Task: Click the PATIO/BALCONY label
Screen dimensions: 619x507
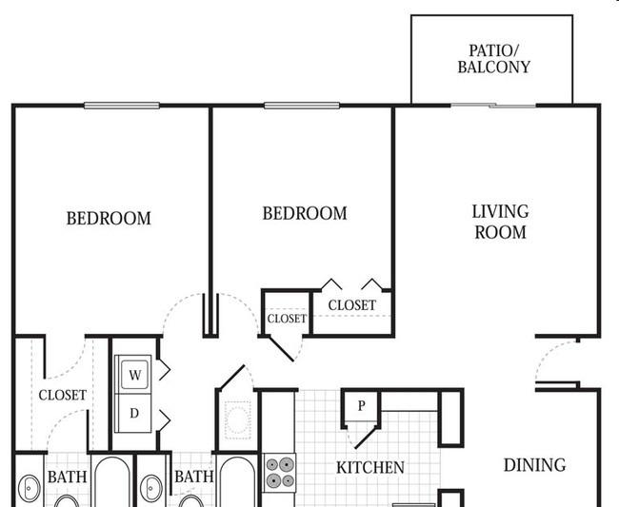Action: [x=494, y=59]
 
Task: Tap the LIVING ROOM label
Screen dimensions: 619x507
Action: [x=501, y=222]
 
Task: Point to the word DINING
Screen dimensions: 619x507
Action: [x=535, y=465]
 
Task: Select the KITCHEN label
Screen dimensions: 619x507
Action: [x=370, y=468]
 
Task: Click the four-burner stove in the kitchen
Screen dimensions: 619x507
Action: [x=280, y=473]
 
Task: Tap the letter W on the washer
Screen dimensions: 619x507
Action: [x=135, y=375]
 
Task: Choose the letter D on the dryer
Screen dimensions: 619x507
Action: [x=134, y=413]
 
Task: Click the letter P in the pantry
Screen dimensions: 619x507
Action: [x=362, y=405]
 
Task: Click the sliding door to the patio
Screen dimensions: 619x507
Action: [x=493, y=106]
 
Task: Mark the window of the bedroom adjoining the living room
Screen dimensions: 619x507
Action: [x=302, y=106]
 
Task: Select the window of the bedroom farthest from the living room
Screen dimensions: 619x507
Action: [x=122, y=106]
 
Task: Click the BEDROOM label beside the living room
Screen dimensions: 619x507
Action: [x=305, y=213]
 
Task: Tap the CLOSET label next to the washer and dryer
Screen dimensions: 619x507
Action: [x=62, y=395]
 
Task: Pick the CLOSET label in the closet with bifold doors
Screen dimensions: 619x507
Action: [x=352, y=305]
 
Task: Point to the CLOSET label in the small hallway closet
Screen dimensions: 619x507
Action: [x=287, y=319]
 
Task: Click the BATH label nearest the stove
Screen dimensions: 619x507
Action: [x=194, y=477]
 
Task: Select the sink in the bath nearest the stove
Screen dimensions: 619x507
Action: [x=151, y=489]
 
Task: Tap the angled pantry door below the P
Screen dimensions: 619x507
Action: [x=366, y=438]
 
